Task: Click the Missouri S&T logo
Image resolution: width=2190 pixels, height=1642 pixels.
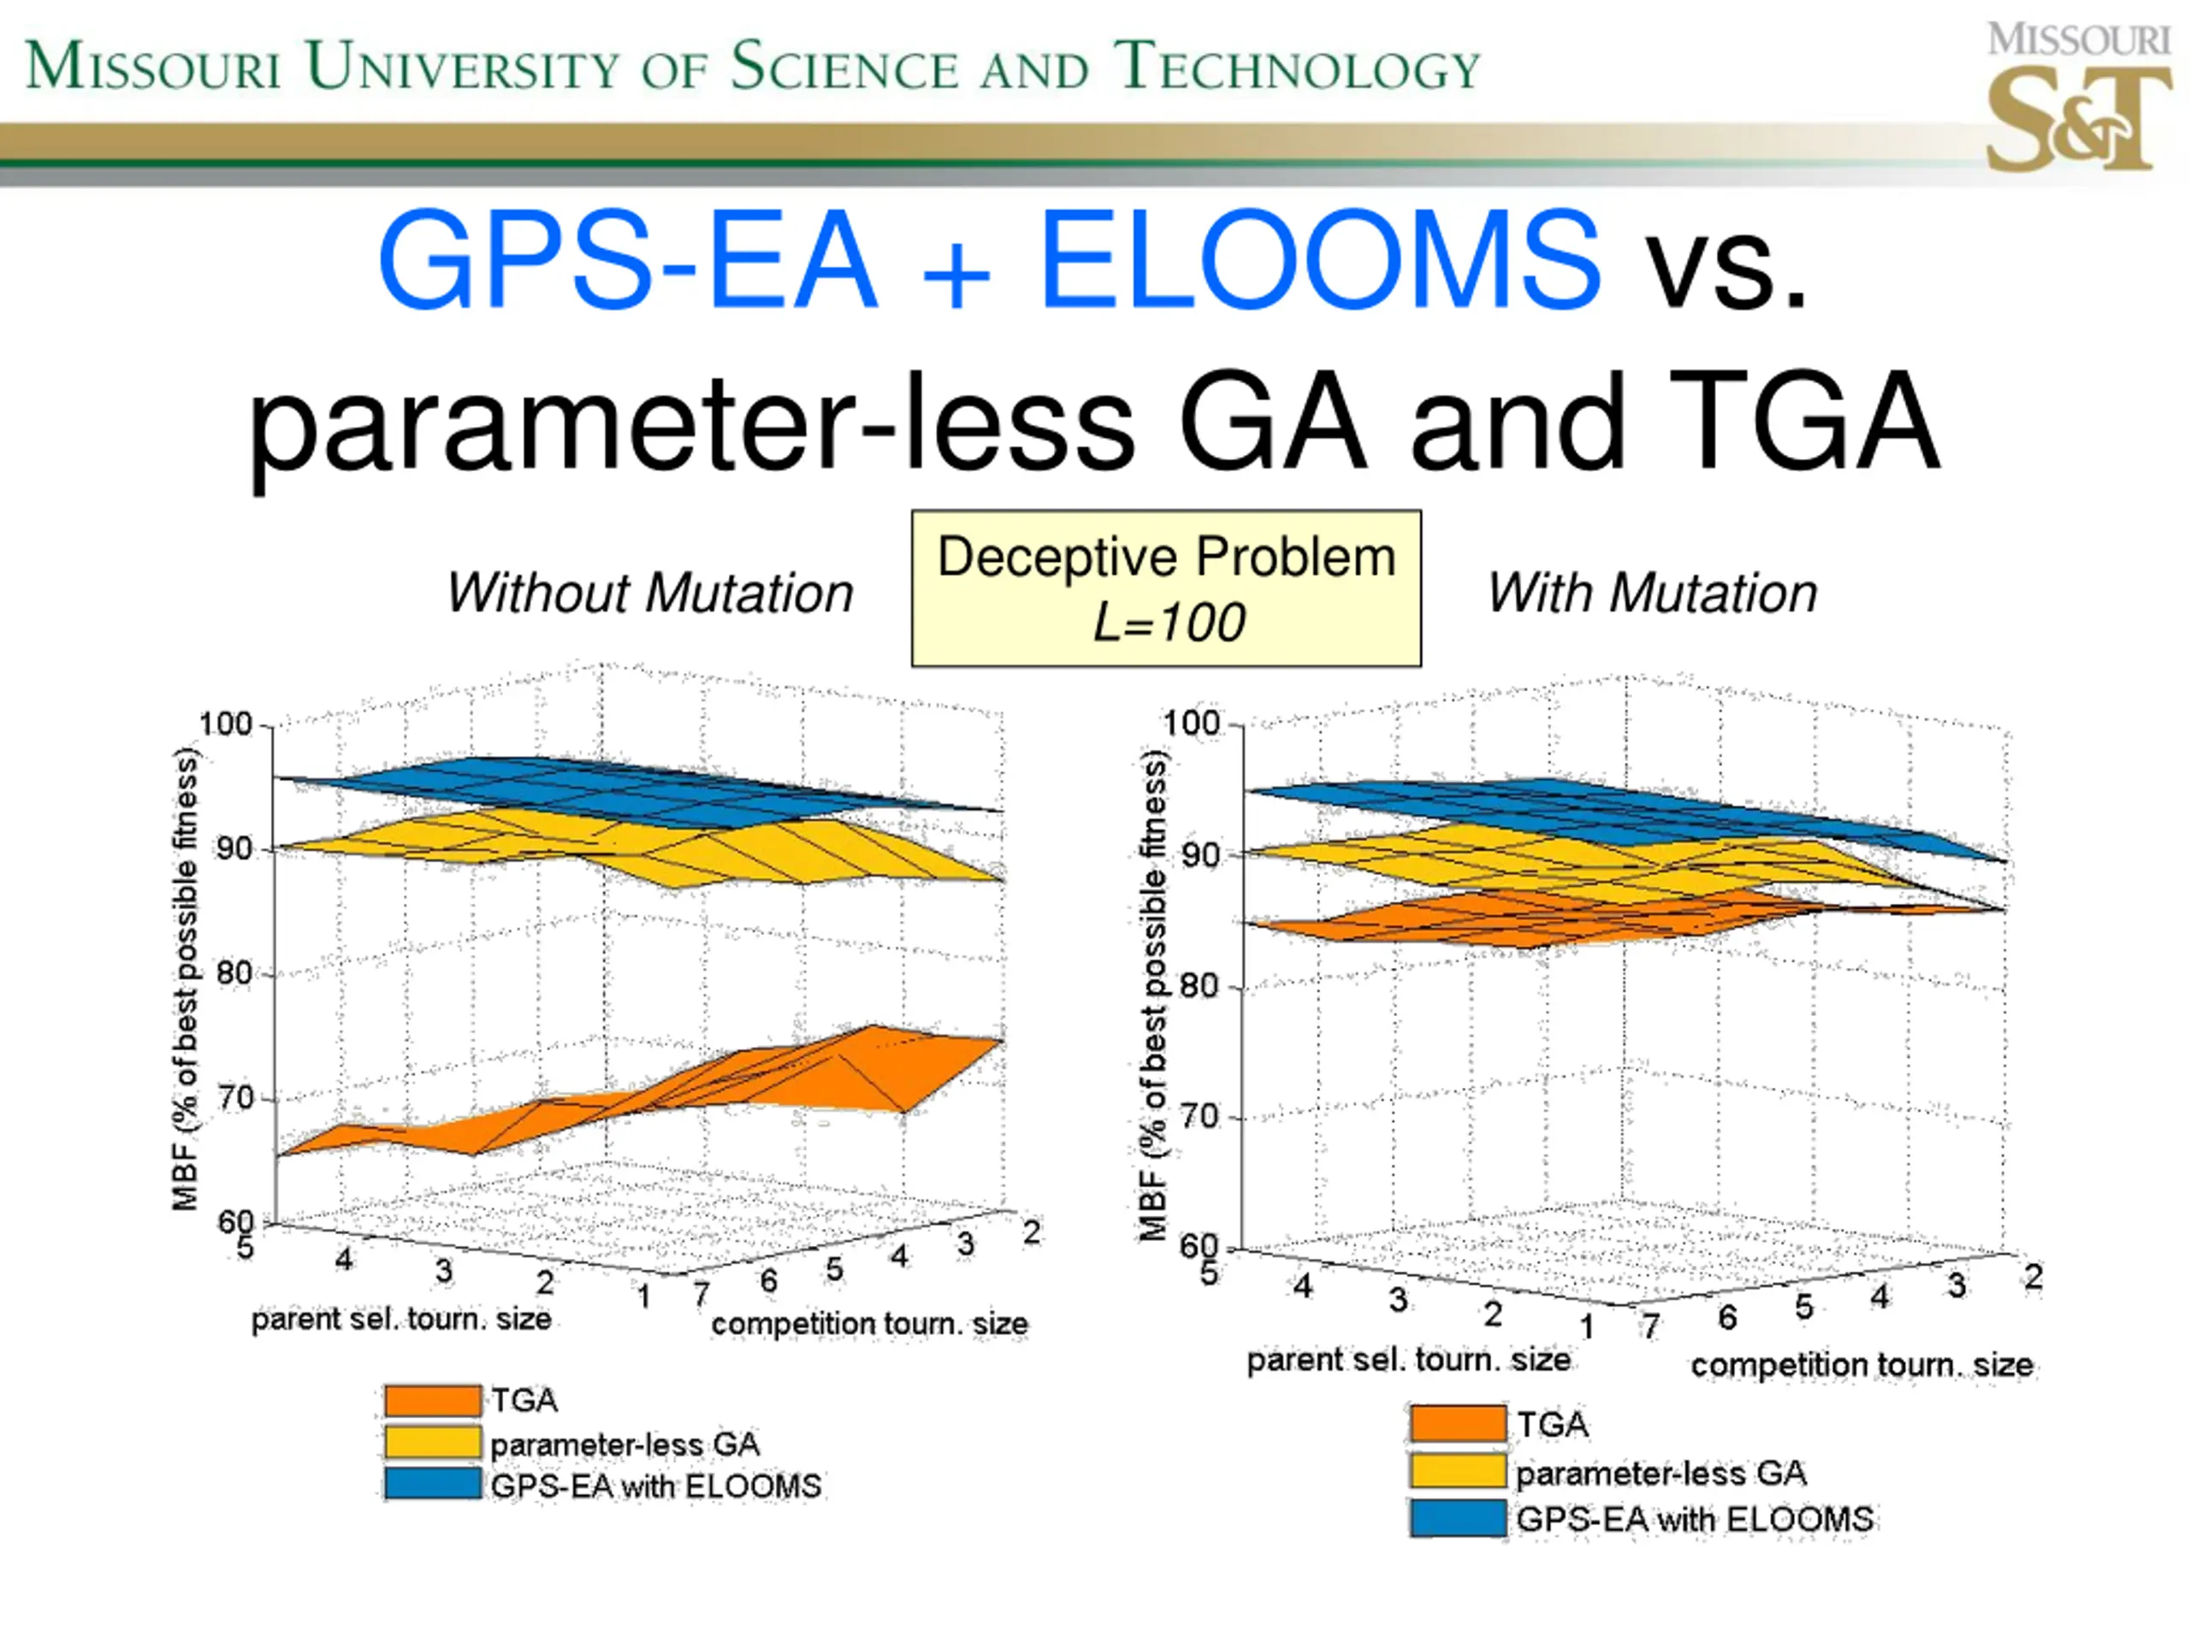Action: (2077, 99)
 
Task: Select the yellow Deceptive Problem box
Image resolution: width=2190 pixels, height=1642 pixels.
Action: (1165, 588)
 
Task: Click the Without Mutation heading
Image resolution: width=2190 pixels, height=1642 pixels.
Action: (649, 593)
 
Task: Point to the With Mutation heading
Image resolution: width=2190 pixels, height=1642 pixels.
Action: (1651, 593)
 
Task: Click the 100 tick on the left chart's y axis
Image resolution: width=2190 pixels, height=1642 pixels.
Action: (226, 724)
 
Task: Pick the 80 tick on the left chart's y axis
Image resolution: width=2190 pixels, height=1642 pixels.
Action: (234, 974)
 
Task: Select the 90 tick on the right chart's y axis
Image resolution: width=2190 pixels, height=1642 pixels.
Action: (1199, 855)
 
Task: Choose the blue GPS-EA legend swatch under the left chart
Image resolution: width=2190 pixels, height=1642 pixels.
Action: (433, 1485)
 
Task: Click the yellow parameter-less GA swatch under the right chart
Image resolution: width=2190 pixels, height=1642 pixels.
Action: (1458, 1472)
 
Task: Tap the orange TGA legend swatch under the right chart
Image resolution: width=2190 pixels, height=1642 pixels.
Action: (1458, 1424)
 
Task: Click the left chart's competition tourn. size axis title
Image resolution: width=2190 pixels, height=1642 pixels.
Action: (869, 1324)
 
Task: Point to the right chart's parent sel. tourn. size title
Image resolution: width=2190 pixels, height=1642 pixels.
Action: (1407, 1360)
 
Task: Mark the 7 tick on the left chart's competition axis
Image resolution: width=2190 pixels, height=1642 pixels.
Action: (701, 1294)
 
